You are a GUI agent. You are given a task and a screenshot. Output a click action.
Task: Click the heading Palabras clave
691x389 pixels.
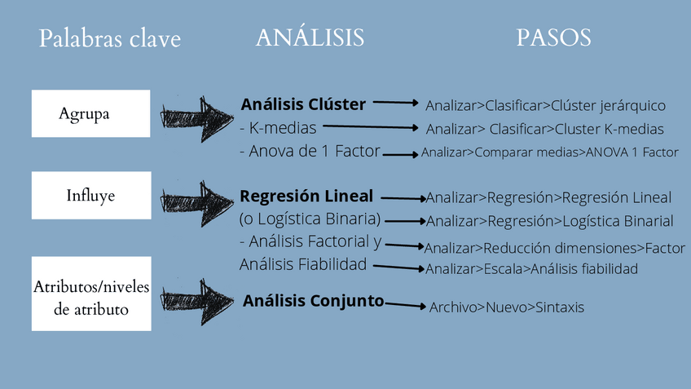[x=110, y=39]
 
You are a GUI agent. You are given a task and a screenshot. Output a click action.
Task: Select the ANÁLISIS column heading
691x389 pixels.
[x=310, y=38]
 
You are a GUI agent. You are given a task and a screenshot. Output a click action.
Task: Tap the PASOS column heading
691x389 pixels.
[x=553, y=38]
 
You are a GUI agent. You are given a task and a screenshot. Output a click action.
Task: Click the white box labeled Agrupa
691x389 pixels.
[x=90, y=113]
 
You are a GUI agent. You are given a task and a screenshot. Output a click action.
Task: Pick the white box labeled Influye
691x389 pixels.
[x=90, y=196]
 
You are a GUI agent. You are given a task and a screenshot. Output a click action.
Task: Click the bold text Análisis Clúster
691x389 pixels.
[x=303, y=104]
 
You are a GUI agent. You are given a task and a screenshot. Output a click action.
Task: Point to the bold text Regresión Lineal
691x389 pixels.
[x=306, y=197]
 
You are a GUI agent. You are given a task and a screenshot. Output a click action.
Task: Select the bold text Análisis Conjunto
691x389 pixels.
[x=313, y=301]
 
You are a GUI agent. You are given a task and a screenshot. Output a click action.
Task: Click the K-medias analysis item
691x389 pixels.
[x=278, y=128]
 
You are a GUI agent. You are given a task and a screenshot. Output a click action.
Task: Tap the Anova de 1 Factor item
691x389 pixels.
[x=310, y=152]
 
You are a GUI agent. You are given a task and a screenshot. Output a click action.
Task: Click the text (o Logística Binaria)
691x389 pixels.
[x=310, y=219]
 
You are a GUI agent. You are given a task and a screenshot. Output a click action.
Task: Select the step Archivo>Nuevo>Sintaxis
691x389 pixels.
[x=506, y=307]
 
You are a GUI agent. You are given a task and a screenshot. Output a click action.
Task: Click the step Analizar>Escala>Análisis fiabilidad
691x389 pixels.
[x=531, y=268]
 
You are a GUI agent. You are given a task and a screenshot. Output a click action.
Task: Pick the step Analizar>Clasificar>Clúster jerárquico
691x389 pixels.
[x=545, y=105]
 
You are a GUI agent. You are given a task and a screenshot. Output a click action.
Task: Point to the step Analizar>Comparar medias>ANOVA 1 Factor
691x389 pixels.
[x=549, y=153]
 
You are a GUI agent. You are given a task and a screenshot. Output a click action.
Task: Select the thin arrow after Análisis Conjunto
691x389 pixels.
[x=405, y=306]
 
